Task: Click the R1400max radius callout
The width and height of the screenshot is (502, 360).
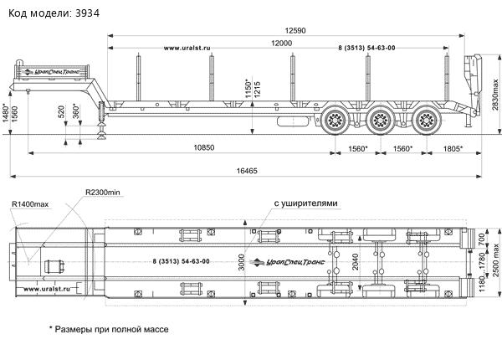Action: point(31,204)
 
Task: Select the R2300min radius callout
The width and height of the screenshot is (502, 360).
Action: point(103,193)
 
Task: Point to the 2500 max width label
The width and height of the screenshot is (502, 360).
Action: point(495,267)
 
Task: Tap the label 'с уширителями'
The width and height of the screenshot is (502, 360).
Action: point(305,203)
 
